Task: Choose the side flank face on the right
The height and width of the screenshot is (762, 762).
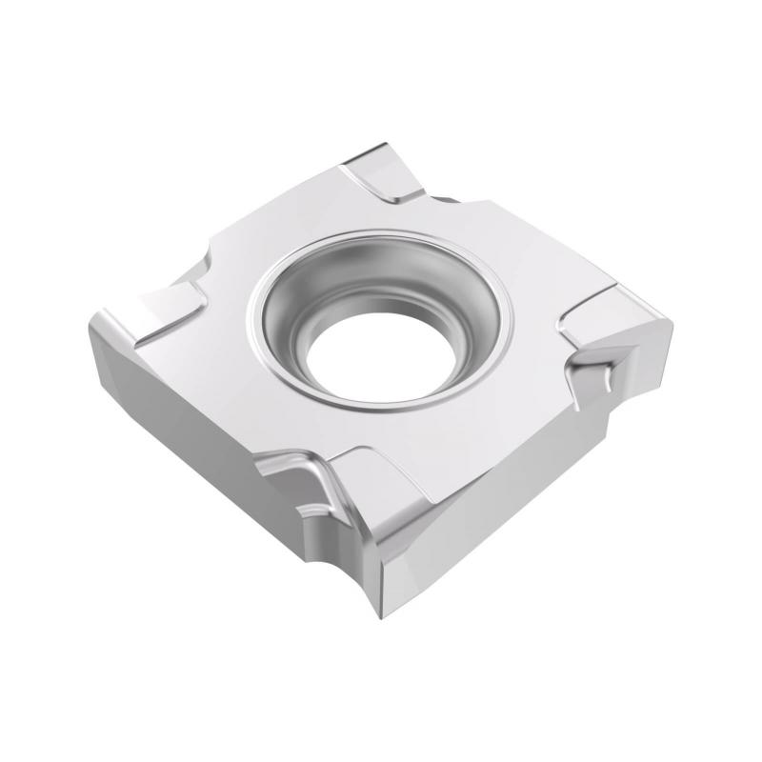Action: coord(533,495)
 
